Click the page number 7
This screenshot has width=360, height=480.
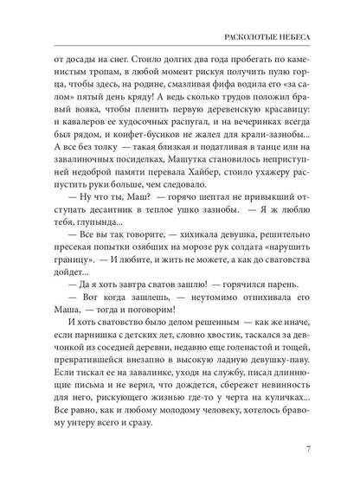[x=321, y=449]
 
